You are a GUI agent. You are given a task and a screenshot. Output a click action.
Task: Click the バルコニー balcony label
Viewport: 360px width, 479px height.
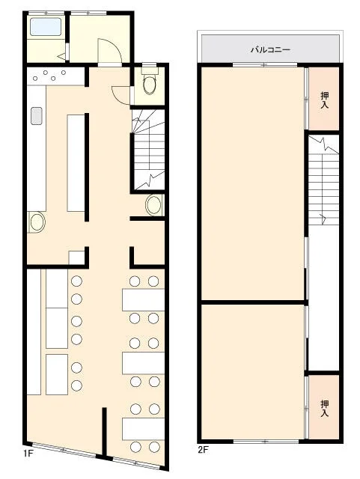(270, 49)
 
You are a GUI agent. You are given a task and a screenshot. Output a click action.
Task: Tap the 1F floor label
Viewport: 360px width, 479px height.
(28, 453)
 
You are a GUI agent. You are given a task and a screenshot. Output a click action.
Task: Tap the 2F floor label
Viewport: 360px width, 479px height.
(203, 450)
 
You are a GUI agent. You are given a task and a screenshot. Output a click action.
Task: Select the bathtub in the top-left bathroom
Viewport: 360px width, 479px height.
(46, 27)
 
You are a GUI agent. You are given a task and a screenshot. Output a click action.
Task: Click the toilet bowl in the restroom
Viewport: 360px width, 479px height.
(150, 85)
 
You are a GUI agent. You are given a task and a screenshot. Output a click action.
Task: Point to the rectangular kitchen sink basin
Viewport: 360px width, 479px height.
(37, 116)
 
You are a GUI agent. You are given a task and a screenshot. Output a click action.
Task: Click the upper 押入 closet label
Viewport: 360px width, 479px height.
(324, 100)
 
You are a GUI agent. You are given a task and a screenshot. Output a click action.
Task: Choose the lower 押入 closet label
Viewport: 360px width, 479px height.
(324, 409)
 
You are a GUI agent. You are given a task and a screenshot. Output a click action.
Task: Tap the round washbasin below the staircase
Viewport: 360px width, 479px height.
(153, 204)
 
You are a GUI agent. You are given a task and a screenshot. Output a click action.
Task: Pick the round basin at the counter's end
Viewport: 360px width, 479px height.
(37, 222)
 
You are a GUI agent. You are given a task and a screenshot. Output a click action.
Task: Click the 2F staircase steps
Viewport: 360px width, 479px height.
(323, 180)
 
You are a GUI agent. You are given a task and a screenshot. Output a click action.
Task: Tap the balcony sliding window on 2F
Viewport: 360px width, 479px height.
(265, 64)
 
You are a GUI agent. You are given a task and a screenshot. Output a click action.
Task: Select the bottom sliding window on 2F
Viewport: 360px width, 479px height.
(266, 441)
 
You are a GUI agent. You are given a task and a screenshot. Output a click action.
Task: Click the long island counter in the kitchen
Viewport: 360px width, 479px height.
(76, 163)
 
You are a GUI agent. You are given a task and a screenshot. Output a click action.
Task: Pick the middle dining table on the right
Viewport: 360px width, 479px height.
(144, 363)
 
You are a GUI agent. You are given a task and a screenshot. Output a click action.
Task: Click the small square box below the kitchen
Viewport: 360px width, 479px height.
(76, 257)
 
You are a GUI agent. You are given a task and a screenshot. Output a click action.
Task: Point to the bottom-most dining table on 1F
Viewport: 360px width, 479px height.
(144, 429)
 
